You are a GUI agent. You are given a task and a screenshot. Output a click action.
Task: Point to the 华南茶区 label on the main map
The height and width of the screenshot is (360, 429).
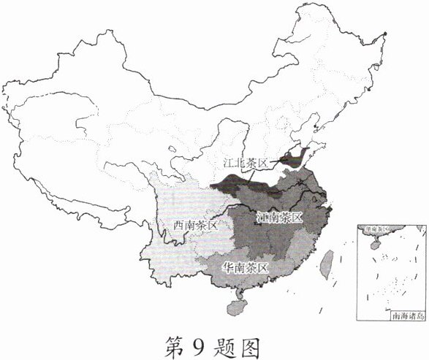[x=246, y=267]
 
